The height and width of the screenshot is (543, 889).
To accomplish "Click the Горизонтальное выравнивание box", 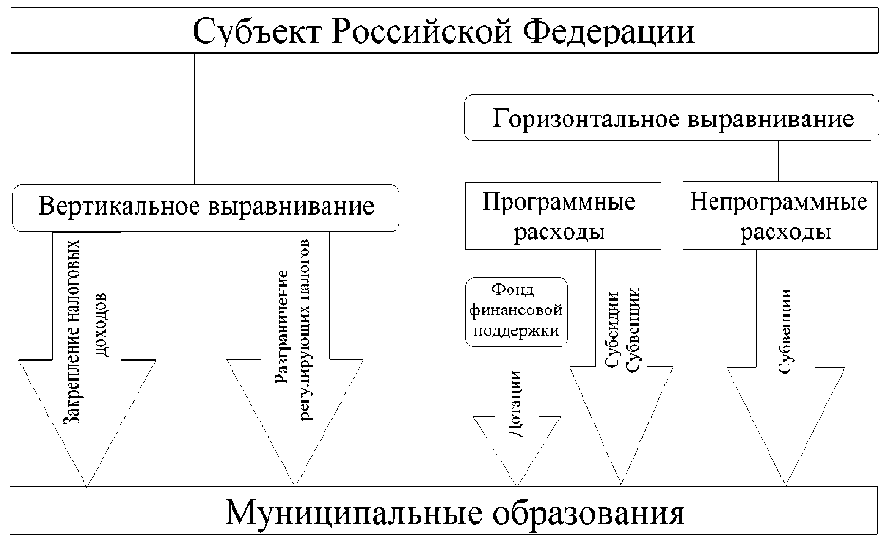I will point(674,121).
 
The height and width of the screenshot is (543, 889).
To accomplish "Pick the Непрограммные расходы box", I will point(779,216).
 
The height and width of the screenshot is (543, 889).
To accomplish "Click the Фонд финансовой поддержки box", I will point(516,310).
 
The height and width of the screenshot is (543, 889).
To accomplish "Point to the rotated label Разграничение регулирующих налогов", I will point(293,328).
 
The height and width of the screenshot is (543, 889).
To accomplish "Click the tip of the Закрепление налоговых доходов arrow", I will point(86,485).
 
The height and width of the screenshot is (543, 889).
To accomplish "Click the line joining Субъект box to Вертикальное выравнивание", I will point(194,119).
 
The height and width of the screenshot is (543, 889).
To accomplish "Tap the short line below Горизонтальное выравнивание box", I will point(778,161).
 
